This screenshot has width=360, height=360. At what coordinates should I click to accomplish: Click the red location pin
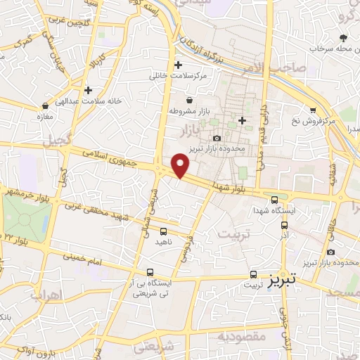tap(181, 165)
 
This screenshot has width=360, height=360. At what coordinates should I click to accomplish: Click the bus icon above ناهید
tap(164, 231)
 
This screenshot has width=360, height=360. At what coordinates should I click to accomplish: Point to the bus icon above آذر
tap(284, 226)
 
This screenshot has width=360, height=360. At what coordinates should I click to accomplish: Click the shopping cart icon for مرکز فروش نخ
tap(313, 110)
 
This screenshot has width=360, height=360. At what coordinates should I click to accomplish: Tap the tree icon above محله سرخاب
tap(343, 38)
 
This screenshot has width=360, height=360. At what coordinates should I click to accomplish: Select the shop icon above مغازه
tap(46, 105)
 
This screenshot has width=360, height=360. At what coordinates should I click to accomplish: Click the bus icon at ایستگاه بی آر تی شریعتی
tap(150, 272)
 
